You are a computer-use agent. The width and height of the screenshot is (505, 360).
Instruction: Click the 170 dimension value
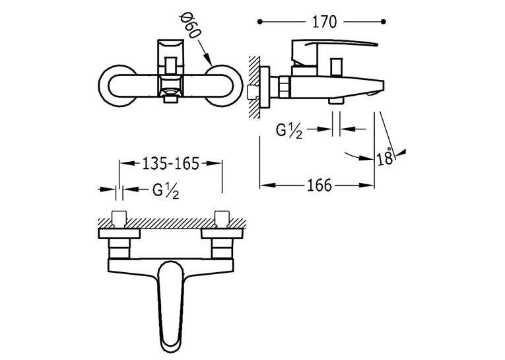point(324,22)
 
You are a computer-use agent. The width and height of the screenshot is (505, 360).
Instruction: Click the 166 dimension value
point(319,186)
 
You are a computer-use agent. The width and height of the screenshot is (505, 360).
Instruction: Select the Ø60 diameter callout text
point(191,26)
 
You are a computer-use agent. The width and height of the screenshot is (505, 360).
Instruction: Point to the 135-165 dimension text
point(171,163)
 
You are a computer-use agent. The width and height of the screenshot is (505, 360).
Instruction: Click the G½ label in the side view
point(289,131)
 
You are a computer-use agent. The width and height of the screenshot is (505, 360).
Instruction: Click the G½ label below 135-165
point(166,191)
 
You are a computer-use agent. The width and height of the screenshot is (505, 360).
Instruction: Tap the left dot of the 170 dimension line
point(260,22)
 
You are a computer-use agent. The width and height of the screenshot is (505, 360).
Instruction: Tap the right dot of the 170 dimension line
point(384,22)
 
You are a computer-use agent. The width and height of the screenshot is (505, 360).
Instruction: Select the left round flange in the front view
point(118,86)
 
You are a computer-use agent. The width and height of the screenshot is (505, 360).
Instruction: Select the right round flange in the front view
point(223,86)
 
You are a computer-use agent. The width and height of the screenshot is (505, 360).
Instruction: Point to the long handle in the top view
point(172,308)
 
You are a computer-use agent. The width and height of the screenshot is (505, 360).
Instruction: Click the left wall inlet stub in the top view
point(119,219)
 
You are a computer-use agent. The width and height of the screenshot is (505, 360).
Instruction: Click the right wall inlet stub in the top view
point(222,219)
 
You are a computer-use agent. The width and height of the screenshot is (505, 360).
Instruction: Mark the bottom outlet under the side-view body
point(335,101)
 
